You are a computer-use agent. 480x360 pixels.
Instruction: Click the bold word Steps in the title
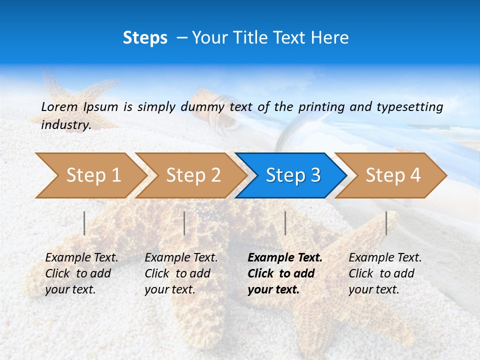145,38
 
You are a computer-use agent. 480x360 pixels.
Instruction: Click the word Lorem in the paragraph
59,106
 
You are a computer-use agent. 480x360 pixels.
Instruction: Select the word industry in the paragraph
65,125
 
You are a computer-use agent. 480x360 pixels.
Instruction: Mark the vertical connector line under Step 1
84,223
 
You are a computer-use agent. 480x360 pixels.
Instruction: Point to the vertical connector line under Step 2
184,223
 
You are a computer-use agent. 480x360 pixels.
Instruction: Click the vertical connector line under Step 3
285,223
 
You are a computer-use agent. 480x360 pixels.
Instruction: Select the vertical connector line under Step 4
386,223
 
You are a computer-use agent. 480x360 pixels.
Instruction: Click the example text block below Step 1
81,273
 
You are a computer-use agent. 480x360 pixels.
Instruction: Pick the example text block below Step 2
181,273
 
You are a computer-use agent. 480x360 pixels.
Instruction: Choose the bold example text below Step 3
285,273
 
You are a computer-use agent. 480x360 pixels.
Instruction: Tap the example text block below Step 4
385,273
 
